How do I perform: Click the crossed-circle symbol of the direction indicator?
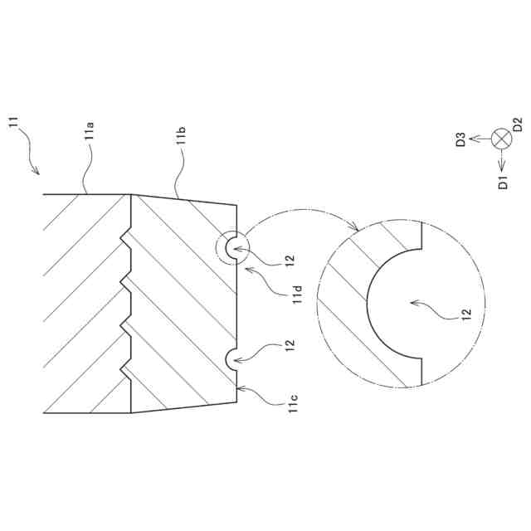501,139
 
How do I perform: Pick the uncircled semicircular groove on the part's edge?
231,358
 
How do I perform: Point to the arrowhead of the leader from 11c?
240,387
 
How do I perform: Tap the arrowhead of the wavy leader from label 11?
37,173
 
